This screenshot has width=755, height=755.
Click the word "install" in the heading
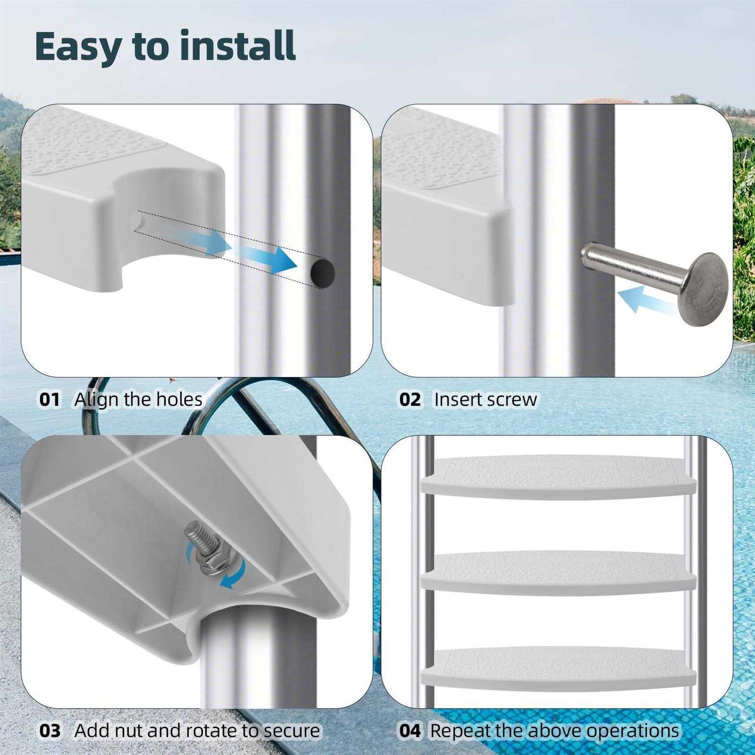click(238, 46)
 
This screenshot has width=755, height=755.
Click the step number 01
click(49, 400)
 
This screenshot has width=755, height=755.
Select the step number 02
click(410, 400)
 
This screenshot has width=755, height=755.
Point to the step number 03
click(49, 731)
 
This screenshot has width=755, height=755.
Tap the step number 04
click(410, 731)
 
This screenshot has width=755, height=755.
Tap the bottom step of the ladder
click(558, 669)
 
